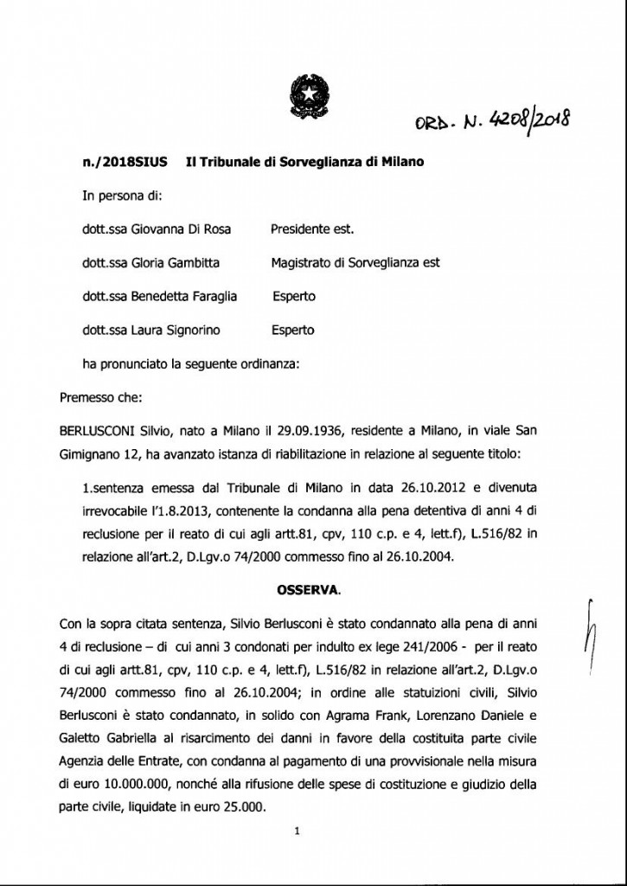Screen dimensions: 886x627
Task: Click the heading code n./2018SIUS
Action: click(x=121, y=163)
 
